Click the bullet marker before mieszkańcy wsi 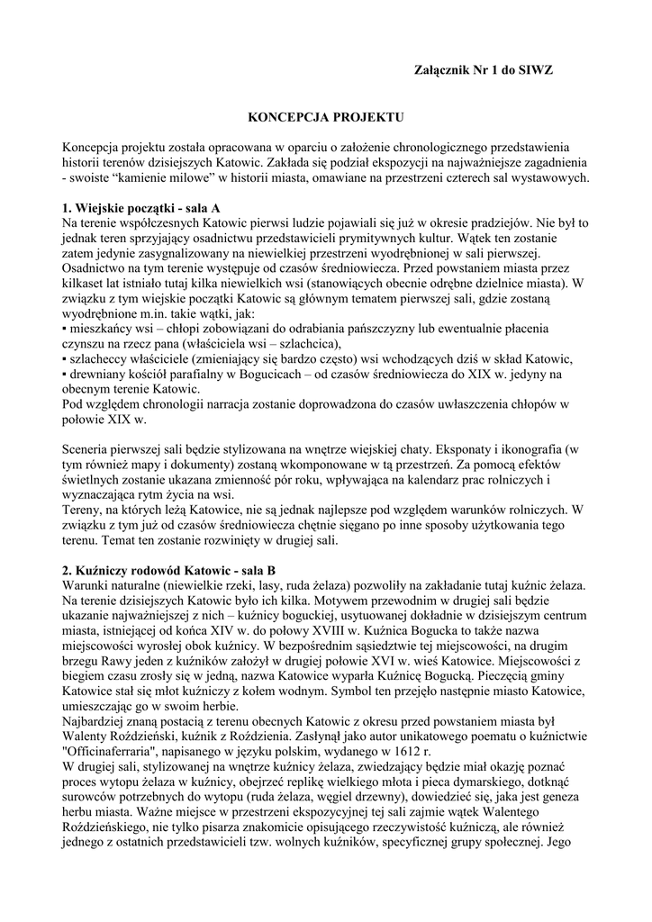65,329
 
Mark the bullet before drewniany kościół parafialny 65,374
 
